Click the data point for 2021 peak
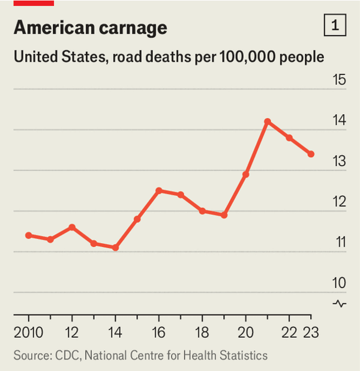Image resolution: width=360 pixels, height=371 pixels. (268, 121)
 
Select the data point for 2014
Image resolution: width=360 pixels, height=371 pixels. (116, 247)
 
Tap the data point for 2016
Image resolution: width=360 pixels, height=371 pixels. (159, 191)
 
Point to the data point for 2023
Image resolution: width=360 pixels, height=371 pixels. (311, 154)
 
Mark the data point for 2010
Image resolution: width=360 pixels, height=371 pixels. (29, 235)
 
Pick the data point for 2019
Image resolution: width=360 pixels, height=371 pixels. (224, 215)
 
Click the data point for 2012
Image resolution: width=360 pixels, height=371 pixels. (72, 227)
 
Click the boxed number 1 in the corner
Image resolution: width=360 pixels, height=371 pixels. (335, 26)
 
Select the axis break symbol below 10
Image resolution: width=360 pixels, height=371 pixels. (340, 303)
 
